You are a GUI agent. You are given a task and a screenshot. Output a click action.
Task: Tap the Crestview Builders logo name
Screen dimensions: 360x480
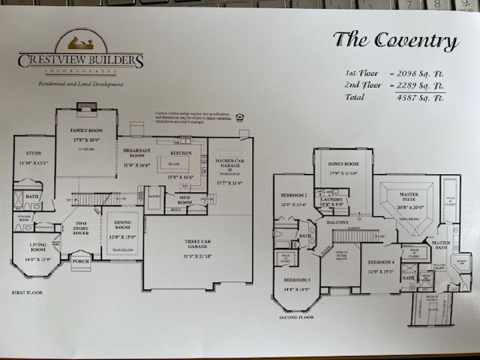80,61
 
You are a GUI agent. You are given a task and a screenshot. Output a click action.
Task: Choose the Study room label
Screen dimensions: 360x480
34,153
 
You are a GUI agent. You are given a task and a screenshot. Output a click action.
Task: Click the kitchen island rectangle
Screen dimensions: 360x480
174,164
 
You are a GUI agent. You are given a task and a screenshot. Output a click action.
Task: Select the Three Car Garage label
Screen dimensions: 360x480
198,244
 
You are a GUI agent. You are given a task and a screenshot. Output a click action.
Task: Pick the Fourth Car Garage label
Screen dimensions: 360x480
230,163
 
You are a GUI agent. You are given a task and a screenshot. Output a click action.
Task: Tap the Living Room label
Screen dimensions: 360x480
38,247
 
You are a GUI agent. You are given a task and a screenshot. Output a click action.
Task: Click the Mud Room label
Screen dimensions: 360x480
184,199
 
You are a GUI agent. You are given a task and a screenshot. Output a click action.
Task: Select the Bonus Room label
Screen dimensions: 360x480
343,164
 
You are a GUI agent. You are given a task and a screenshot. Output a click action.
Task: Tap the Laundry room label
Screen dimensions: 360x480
332,200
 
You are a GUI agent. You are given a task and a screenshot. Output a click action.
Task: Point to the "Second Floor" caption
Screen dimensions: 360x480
297,317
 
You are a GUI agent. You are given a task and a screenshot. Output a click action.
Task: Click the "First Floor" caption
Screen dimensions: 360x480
27,293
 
